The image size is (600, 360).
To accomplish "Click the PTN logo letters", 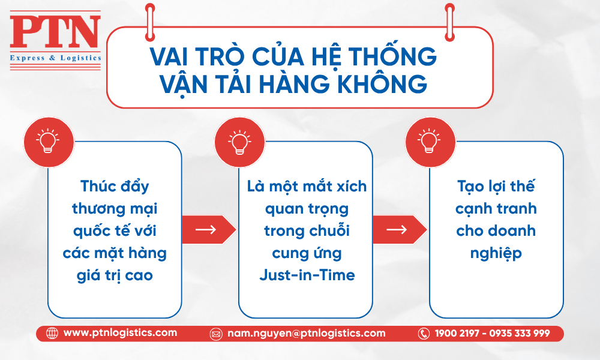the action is click(x=55, y=32).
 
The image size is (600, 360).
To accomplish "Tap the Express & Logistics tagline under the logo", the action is click(x=55, y=58).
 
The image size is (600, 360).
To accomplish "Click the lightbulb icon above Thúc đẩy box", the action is click(x=48, y=142).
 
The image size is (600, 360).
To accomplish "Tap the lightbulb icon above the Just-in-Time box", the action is click(x=239, y=142).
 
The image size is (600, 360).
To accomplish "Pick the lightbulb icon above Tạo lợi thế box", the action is click(x=430, y=142).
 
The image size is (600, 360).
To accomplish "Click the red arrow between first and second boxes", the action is click(x=209, y=230).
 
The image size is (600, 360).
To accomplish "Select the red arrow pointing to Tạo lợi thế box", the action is click(x=400, y=230).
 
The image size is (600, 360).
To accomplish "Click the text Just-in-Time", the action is click(x=307, y=275).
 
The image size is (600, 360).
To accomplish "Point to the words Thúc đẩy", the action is click(x=115, y=187).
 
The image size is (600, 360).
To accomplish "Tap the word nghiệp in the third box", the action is click(x=496, y=254).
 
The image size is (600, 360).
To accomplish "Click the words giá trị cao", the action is click(x=115, y=275).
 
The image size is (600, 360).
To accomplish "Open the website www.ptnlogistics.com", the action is click(x=120, y=333).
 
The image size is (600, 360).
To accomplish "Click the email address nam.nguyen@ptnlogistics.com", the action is click(x=307, y=333).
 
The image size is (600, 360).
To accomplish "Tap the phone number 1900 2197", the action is click(x=457, y=333).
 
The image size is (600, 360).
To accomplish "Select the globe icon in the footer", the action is click(x=52, y=333).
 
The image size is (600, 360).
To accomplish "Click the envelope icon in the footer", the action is click(x=216, y=334).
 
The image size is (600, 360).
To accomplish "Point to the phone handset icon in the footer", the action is click(x=424, y=334).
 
